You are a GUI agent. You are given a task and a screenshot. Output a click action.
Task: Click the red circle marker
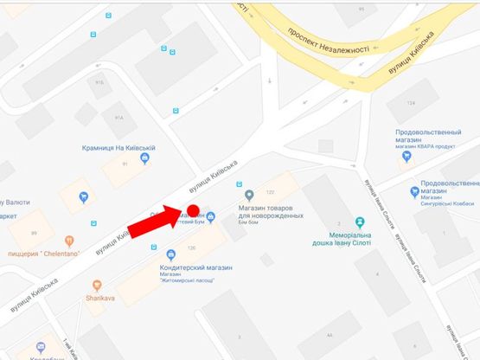195,210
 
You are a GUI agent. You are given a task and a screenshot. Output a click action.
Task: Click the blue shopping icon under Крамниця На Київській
144,157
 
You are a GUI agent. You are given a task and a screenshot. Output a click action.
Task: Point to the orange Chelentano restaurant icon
69,241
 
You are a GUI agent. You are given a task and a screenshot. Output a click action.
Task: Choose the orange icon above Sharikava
97,285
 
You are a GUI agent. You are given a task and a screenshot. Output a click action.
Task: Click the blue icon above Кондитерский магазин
170,253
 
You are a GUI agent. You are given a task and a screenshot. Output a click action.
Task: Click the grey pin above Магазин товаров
250,194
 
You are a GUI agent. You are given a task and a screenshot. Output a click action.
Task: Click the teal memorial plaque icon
359,222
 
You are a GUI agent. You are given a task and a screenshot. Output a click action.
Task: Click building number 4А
329,335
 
